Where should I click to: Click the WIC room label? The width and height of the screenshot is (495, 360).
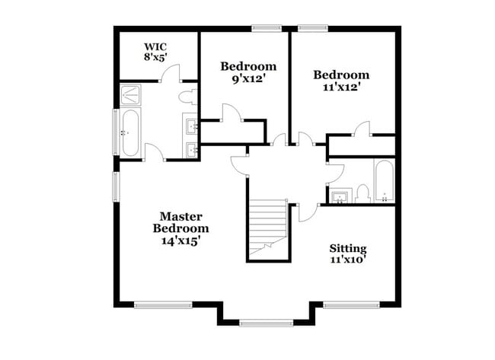155,46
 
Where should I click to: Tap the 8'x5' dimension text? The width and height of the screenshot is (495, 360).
155,57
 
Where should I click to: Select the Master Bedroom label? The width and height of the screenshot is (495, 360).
181,222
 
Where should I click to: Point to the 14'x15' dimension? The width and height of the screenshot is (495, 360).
181,241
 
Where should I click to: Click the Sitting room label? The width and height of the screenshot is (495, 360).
348,249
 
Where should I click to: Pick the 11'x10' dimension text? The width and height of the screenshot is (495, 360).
348,260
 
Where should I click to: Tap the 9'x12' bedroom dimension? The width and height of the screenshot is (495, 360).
248,79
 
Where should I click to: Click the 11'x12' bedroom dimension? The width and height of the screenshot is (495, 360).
342,87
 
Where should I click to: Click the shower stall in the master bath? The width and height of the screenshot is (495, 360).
130,94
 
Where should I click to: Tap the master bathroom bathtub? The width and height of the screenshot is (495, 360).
130,132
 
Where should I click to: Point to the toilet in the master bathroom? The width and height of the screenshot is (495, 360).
187,97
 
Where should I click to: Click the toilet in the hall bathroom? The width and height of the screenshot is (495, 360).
362,194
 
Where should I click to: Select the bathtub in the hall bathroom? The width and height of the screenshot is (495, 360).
384,180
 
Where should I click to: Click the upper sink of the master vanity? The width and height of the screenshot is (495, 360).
190,126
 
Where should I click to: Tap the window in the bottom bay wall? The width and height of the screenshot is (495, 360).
266,323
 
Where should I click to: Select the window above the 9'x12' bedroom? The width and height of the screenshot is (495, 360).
267,28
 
